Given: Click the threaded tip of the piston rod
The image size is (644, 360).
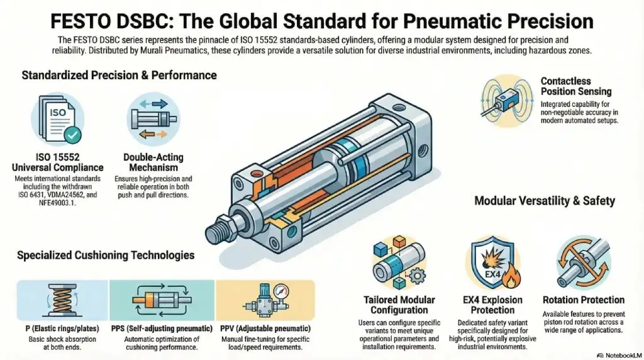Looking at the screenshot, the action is [x=218, y=222].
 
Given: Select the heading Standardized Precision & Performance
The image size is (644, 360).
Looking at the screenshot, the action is [x=119, y=76].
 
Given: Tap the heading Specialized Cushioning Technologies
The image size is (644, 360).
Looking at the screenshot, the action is [x=106, y=256].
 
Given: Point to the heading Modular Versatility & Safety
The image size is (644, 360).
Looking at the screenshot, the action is [x=545, y=201].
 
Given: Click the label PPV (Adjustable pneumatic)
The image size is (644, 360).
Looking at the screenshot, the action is [x=265, y=329].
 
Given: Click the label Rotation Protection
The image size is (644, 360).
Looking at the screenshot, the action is [x=583, y=300].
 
